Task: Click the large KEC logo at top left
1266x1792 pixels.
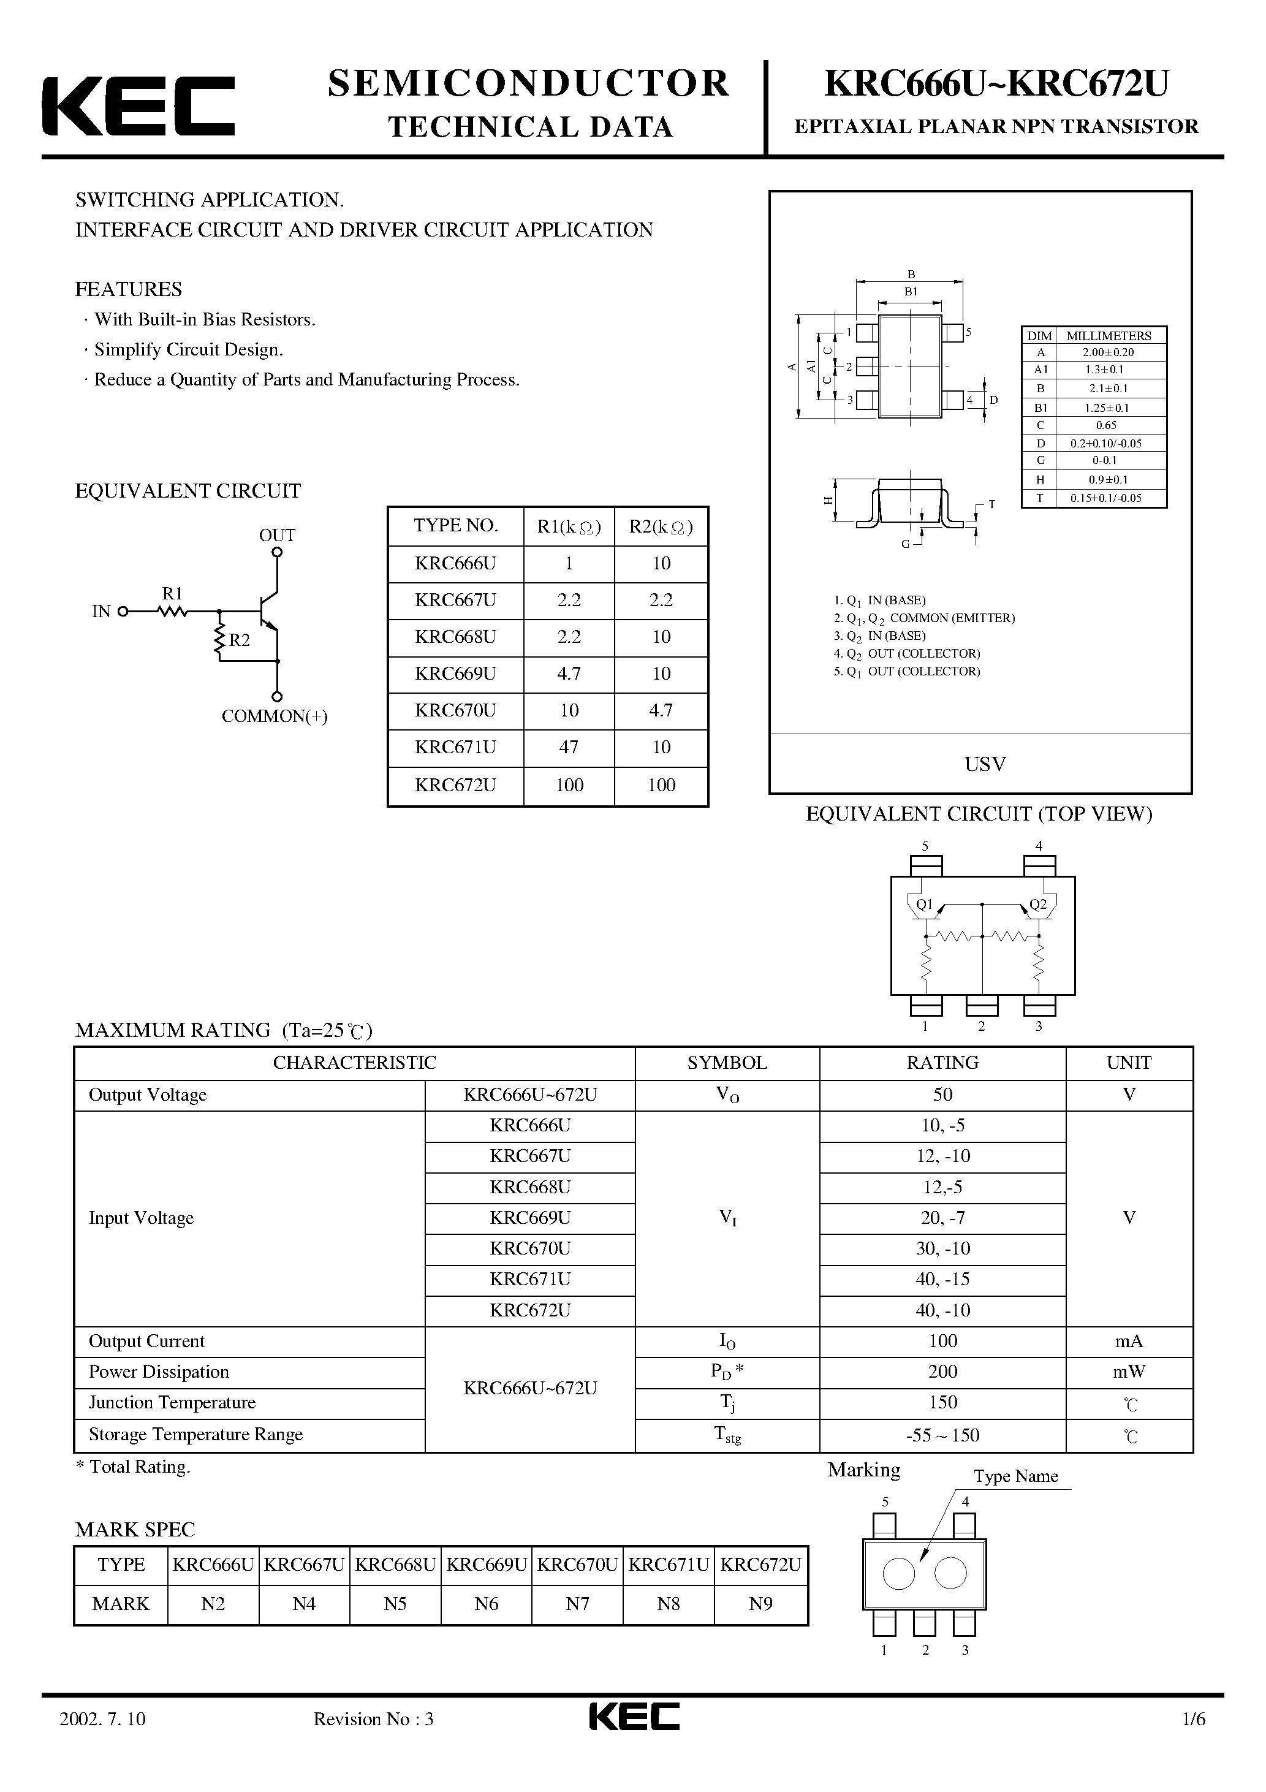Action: click(138, 106)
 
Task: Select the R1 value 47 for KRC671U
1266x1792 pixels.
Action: click(569, 747)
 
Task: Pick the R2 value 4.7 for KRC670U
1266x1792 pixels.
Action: click(661, 710)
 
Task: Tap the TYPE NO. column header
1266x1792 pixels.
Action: click(456, 525)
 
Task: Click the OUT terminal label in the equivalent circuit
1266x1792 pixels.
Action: click(277, 536)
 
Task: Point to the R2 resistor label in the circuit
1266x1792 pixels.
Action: click(239, 640)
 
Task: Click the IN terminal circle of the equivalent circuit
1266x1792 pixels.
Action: click(123, 612)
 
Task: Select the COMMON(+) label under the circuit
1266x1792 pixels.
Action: click(275, 716)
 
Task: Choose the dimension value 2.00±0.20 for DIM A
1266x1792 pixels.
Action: click(1109, 352)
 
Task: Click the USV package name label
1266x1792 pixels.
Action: click(985, 764)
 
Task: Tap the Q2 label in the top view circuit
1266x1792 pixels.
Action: click(1038, 905)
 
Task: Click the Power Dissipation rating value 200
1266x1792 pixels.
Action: click(943, 1372)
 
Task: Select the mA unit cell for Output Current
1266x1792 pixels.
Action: click(1129, 1341)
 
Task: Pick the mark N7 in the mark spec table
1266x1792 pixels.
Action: click(578, 1604)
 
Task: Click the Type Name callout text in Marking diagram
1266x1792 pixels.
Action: click(1015, 1476)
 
